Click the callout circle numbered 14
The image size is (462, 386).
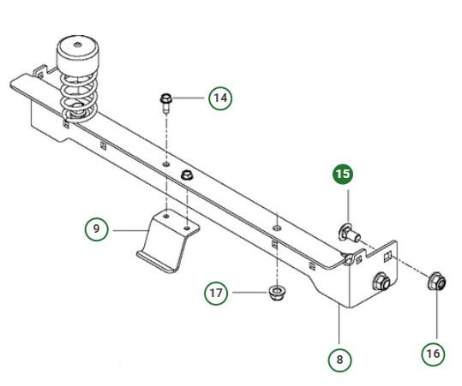220,98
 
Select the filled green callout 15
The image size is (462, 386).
343,174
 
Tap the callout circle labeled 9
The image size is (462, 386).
97,229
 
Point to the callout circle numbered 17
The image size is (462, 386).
217,292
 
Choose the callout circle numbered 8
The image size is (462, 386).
341,360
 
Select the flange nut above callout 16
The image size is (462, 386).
435,282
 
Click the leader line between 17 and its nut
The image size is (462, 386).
248,292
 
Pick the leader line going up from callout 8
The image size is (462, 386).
339,329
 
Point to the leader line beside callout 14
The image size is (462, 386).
192,98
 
